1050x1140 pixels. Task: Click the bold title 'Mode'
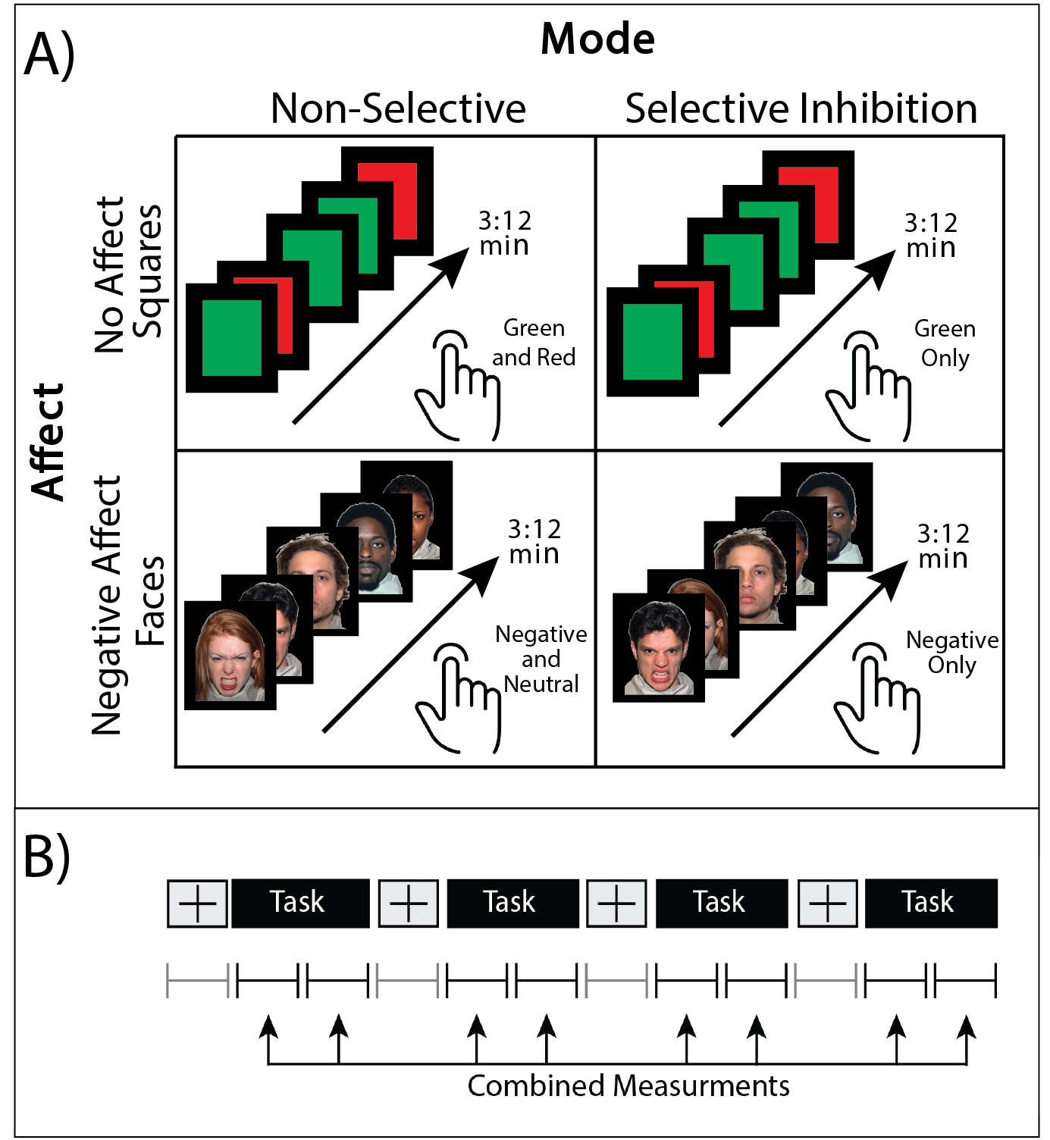click(597, 39)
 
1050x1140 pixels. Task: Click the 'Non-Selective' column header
click(398, 108)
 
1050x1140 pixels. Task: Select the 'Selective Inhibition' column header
click(801, 108)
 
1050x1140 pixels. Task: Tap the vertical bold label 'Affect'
click(49, 441)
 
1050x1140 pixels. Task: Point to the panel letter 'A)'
click(49, 55)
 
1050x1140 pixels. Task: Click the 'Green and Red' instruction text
click(534, 343)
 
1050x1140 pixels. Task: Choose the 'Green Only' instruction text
click(945, 343)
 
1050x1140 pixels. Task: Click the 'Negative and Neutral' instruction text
click(541, 659)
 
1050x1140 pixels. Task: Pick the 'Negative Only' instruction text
click(952, 653)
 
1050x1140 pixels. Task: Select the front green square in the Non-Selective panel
click(231, 338)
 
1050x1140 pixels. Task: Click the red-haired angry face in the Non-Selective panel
click(230, 656)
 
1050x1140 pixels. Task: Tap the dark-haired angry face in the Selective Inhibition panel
click(658, 648)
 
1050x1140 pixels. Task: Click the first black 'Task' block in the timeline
click(299, 903)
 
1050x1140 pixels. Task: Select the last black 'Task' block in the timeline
click(930, 903)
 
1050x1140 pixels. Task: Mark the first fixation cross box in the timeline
click(197, 903)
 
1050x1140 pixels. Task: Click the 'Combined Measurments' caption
click(628, 1085)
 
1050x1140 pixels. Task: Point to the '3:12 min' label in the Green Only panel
click(931, 235)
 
